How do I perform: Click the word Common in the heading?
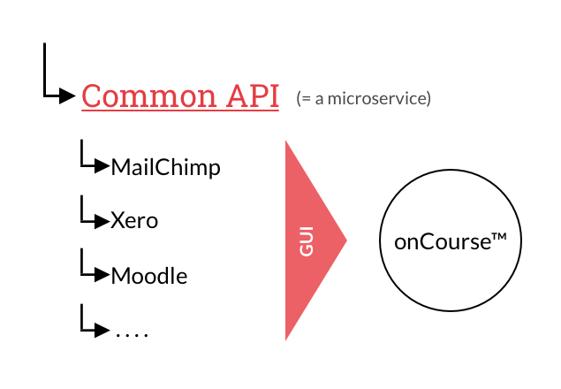[148, 95]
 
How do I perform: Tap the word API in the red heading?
[253, 95]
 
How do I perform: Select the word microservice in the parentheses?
[377, 98]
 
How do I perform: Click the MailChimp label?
[166, 167]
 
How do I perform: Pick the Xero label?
[134, 220]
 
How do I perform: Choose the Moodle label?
[149, 276]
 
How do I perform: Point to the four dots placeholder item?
[132, 335]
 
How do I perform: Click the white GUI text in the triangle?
[307, 241]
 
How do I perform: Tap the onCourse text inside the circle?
[443, 241]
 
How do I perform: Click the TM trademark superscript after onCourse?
[499, 236]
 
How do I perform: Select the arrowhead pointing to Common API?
[67, 95]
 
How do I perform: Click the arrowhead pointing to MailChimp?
[102, 166]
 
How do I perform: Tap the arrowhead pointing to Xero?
[102, 221]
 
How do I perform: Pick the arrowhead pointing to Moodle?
[102, 275]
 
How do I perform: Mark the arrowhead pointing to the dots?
[102, 331]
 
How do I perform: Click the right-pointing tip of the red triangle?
[346, 240]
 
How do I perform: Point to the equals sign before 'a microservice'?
[307, 99]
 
